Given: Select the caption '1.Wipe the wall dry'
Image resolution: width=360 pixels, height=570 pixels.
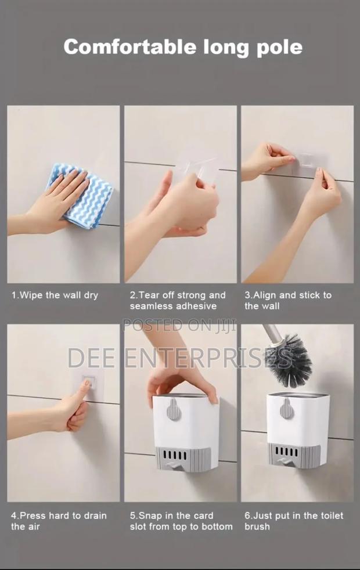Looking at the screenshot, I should [x=55, y=295].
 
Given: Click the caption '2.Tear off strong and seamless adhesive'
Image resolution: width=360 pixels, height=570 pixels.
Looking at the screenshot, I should [x=178, y=300].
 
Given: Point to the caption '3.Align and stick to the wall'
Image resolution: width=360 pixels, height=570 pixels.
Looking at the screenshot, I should [x=288, y=300].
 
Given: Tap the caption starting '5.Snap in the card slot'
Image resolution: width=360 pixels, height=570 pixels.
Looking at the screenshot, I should [x=181, y=521].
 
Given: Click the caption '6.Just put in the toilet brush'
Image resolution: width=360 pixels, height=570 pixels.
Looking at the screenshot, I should [x=294, y=521].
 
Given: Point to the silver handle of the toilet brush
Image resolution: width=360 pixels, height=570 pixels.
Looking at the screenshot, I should [x=271, y=335].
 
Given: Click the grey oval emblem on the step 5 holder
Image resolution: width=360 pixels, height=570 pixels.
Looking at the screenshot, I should [x=173, y=410].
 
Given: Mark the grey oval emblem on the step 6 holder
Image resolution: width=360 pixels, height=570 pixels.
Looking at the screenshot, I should [x=286, y=409].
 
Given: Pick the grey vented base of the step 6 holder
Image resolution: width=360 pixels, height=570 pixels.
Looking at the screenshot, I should [x=293, y=455].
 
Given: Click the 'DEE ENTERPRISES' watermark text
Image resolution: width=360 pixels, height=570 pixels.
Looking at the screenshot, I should [x=180, y=358].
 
